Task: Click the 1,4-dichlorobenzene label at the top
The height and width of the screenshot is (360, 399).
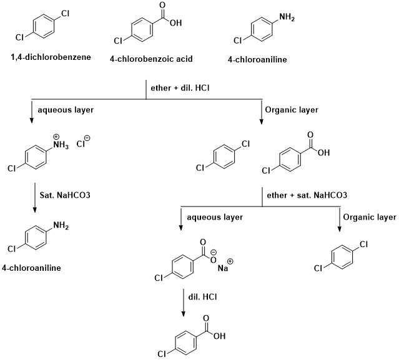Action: pos(50,57)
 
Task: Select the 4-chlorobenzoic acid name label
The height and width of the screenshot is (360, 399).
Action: pos(150,59)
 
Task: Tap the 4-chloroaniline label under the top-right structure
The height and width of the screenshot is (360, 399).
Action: pos(257,60)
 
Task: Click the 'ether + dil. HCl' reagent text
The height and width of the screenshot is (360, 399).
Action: pos(180,88)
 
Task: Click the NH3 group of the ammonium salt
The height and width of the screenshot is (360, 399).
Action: pos(61,147)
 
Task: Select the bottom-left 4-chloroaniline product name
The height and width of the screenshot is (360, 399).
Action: pos(37,268)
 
